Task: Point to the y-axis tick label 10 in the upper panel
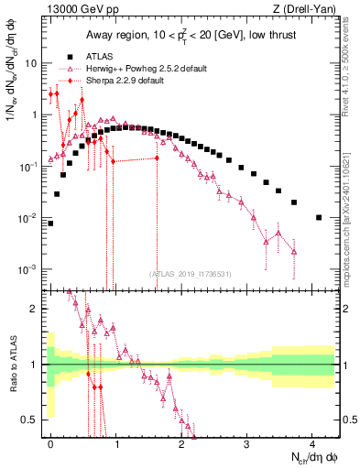[x=30, y=64]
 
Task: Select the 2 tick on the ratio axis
[x=33, y=309]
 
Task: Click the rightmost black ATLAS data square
[x=318, y=217]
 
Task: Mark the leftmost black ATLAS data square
[x=50, y=223]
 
